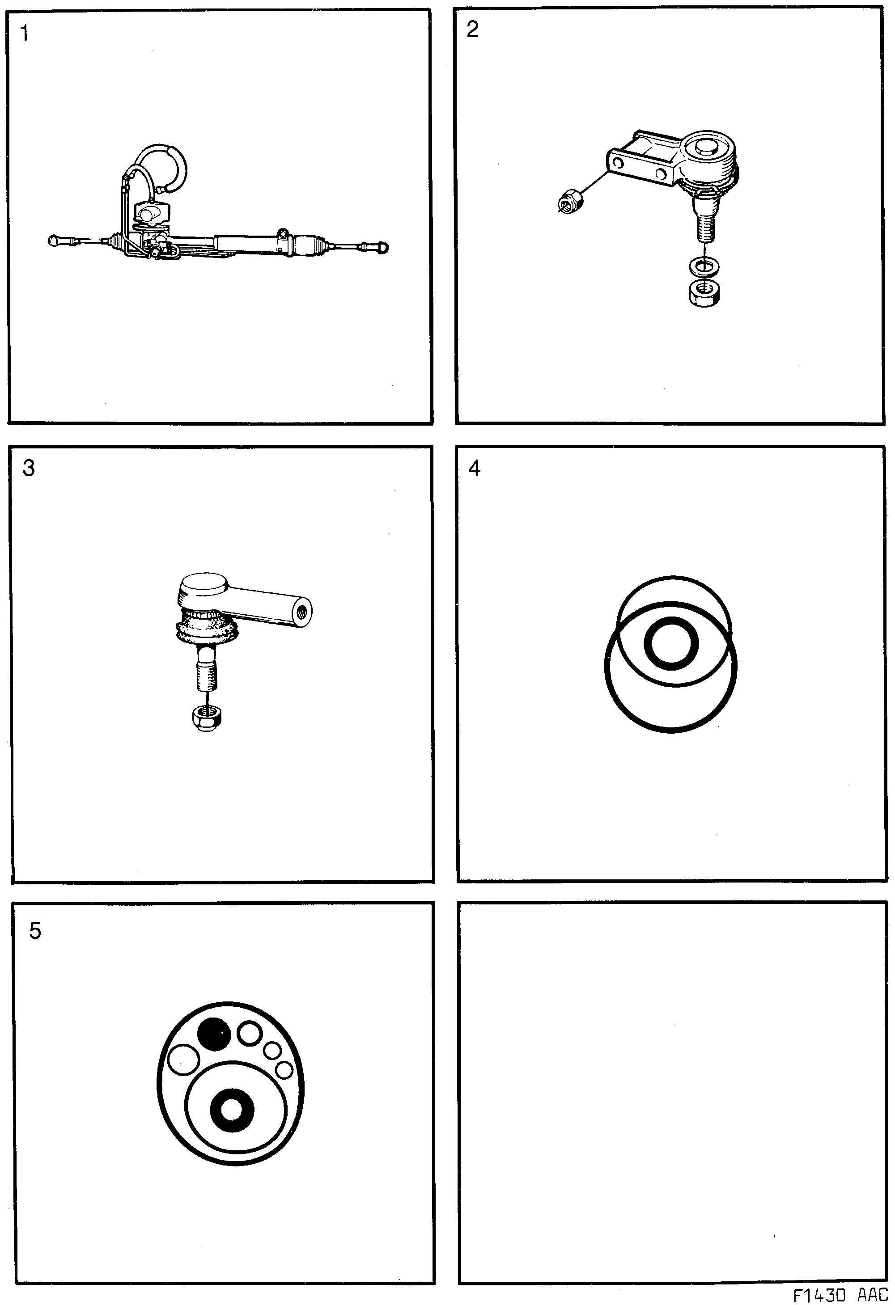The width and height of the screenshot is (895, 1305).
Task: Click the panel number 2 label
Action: tap(472, 29)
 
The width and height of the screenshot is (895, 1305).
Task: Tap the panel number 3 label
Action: tap(28, 468)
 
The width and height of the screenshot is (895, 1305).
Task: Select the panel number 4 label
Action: tap(474, 468)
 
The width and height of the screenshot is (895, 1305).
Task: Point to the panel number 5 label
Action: tap(35, 931)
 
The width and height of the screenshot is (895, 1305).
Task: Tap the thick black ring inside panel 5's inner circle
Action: tap(232, 1110)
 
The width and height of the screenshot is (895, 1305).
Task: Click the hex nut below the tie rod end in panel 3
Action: tap(206, 716)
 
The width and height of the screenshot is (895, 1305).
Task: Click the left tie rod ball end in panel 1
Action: tap(55, 241)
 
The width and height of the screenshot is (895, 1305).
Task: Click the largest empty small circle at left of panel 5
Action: tap(183, 1059)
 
